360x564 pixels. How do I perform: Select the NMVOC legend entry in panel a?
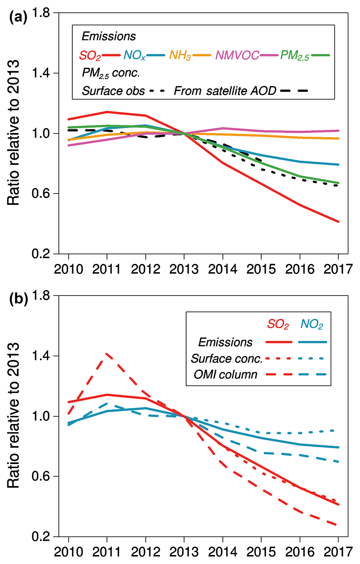pos(237,55)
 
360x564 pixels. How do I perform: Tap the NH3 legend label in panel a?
pos(180,55)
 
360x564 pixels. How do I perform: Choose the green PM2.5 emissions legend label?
pos(294,55)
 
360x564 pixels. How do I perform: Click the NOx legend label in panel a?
pos(134,55)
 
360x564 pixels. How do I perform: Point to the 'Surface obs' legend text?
pos(113,91)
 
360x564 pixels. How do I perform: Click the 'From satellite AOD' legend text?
pos(225,91)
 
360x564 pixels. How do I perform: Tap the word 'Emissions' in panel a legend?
pos(109,36)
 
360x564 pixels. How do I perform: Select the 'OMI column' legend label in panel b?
pos(225,374)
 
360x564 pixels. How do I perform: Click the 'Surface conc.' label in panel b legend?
pos(227,358)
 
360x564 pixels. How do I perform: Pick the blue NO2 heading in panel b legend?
pos(312,324)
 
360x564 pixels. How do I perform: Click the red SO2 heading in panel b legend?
pos(278,324)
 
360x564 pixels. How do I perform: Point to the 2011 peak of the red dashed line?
pos(107,354)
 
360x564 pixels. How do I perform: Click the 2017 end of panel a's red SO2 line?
pos(338,222)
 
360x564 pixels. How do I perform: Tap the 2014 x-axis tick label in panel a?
pos(222,270)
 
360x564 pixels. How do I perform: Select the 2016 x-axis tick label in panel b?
pos(300,552)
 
